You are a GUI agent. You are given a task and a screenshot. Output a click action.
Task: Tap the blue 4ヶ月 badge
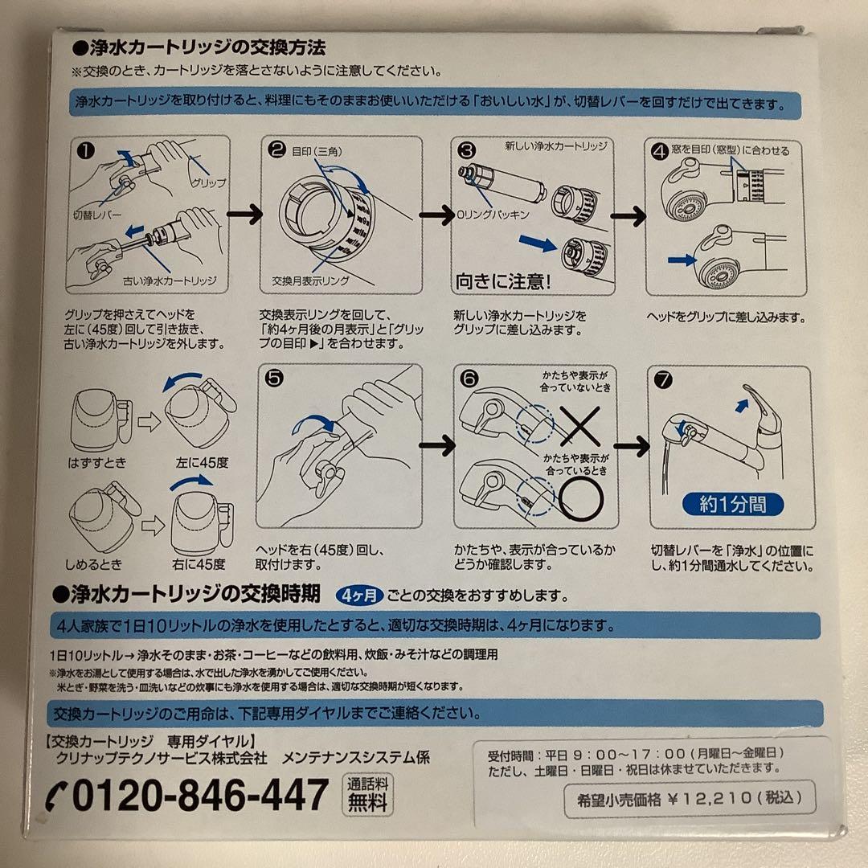tap(358, 596)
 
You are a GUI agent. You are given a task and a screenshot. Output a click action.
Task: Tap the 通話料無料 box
tap(368, 794)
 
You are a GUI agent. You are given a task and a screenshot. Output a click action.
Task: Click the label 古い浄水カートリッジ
tap(170, 282)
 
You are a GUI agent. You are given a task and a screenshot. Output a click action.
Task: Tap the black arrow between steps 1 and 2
tap(244, 215)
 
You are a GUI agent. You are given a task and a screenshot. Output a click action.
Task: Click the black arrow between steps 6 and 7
tap(632, 447)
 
